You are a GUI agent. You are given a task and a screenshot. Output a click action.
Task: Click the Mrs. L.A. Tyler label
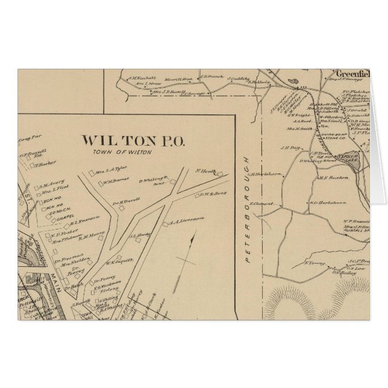tap(110, 170)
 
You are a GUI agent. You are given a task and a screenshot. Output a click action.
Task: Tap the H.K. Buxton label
tap(330, 178)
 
